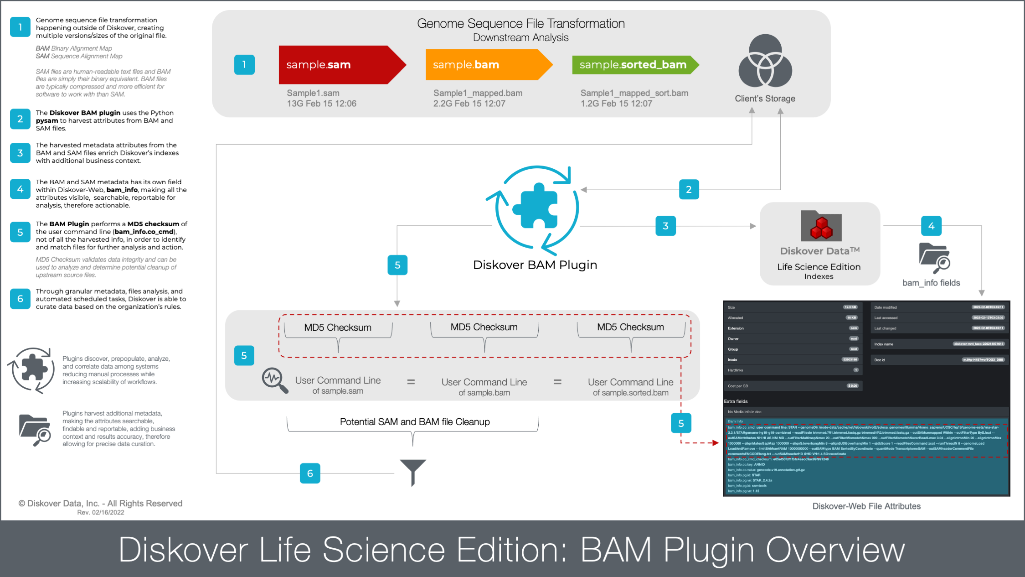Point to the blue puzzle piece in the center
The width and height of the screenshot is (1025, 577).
(x=536, y=206)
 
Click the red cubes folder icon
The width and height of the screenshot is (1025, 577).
(x=821, y=226)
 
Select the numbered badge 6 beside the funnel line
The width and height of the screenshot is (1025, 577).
(x=310, y=473)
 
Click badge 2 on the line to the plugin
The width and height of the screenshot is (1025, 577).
(x=689, y=189)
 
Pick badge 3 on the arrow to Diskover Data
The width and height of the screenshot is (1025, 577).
(x=665, y=226)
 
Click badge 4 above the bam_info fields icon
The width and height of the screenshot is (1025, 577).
(x=931, y=226)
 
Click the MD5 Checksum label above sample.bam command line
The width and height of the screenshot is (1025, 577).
(x=484, y=327)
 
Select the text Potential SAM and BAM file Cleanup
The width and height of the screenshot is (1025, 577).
(x=415, y=422)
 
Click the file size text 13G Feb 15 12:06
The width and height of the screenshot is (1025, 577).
(x=321, y=104)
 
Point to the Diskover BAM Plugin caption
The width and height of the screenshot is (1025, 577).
(x=535, y=265)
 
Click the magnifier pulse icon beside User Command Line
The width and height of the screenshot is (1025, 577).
(x=274, y=380)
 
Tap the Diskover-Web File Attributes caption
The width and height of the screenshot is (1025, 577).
(x=866, y=506)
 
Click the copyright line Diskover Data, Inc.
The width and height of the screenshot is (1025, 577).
(x=100, y=504)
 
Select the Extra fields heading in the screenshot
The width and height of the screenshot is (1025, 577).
(x=736, y=401)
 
